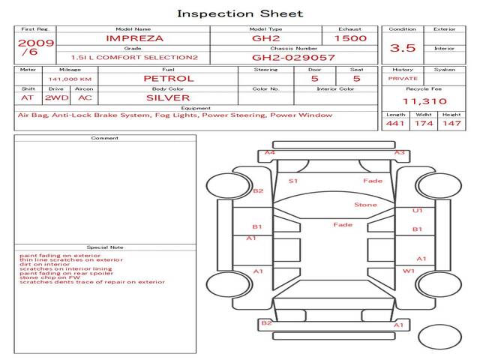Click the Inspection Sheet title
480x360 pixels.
point(240,13)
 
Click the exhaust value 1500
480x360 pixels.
point(350,38)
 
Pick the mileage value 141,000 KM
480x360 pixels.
point(70,78)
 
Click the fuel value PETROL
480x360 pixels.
point(168,78)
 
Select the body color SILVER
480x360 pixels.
point(168,97)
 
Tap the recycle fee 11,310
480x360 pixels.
point(424,101)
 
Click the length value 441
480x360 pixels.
point(396,123)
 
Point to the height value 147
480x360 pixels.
point(451,123)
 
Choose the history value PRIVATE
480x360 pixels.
point(403,78)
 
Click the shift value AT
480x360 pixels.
point(27,97)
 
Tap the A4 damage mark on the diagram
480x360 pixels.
point(269,153)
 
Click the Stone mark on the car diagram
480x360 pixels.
point(365,205)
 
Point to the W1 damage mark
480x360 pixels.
point(409,271)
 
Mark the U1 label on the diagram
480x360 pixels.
point(418,211)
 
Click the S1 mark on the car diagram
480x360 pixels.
point(293,181)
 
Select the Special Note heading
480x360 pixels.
point(105,247)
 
